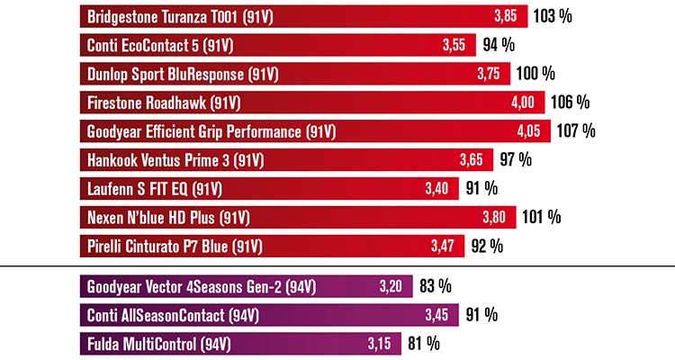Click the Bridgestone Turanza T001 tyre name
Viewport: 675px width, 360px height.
pos(171,17)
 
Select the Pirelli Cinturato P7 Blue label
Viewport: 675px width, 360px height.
pos(175,246)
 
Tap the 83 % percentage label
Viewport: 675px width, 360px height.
pos(436,288)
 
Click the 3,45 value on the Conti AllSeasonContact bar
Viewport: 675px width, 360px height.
pos(437,316)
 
